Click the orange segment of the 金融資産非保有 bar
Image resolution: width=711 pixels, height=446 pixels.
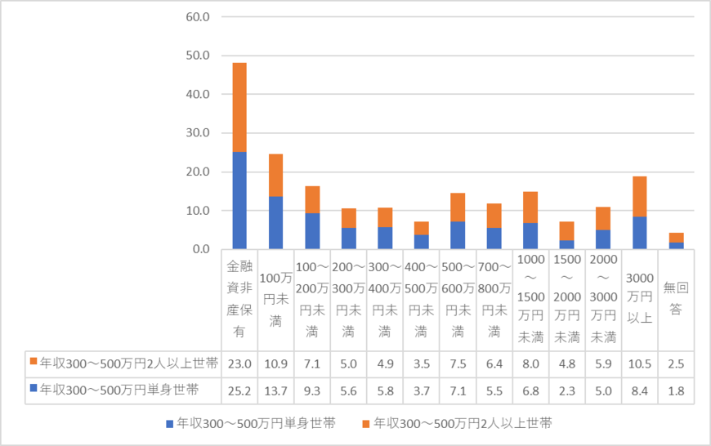(239, 107)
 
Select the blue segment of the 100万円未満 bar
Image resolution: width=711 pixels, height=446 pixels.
(275, 222)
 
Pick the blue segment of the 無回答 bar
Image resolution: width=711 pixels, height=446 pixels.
(676, 245)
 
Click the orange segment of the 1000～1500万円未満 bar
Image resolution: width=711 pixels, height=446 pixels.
(530, 207)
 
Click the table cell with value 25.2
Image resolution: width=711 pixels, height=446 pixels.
(239, 390)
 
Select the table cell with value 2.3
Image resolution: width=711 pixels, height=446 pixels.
(566, 390)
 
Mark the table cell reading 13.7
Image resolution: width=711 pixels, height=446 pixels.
(275, 390)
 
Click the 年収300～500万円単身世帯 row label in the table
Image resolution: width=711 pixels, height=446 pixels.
(118, 390)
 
